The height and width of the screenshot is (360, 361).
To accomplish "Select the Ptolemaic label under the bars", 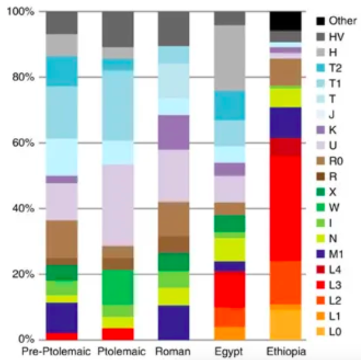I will [118, 351].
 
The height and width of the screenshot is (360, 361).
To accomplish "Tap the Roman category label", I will [174, 351].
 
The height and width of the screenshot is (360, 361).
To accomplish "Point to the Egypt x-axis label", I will [229, 351].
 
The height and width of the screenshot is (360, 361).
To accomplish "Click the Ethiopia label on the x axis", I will [285, 351].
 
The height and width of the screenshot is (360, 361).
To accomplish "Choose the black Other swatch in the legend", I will [321, 21].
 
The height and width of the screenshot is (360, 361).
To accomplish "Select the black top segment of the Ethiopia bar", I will [285, 20].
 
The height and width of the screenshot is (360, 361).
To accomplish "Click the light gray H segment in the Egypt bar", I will [229, 58].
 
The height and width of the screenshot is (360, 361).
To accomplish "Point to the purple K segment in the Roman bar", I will [174, 132].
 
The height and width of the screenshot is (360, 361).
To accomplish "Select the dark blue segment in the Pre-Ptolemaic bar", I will [61, 317].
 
